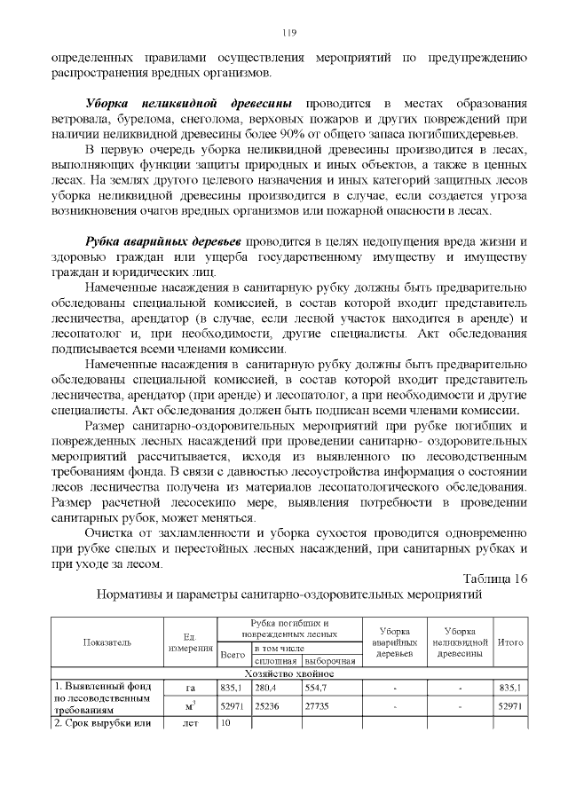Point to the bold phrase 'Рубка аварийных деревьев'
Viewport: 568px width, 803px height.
(163, 242)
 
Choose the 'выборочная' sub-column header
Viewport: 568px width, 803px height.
(330, 661)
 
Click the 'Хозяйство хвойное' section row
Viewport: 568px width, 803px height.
(288, 673)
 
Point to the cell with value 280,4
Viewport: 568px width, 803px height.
(265, 687)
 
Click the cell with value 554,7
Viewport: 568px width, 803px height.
(316, 687)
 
